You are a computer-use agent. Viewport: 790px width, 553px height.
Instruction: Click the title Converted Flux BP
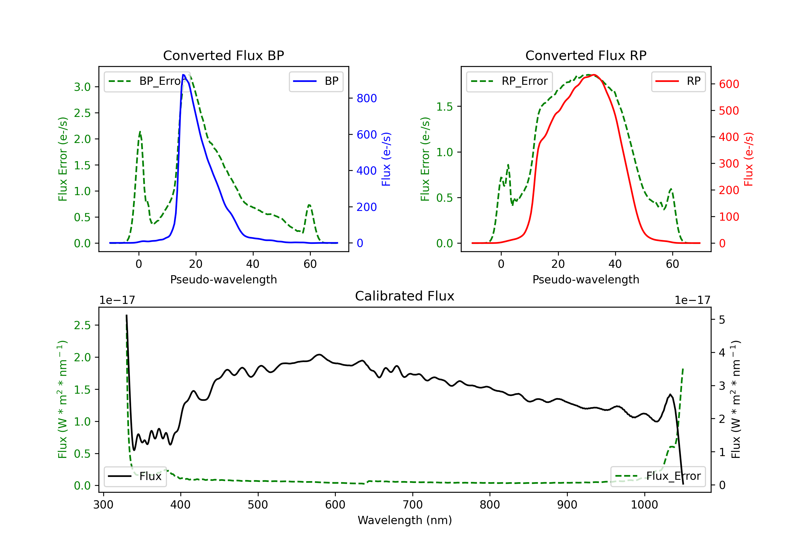223,55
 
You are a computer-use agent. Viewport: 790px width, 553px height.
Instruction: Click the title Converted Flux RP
586,55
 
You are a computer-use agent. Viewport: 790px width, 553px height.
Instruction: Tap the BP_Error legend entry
147,81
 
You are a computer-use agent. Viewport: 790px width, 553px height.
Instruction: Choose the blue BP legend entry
316,81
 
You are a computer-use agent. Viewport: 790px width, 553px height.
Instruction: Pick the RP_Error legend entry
509,81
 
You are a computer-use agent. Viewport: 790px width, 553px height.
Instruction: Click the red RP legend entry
678,81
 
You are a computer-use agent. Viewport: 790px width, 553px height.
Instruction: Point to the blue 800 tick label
367,98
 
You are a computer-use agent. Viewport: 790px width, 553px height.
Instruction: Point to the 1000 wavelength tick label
644,505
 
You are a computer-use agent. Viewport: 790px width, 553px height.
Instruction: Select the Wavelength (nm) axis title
405,520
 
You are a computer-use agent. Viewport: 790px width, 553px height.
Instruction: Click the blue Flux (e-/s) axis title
386,159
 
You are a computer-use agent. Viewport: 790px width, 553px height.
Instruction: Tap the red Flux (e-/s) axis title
748,159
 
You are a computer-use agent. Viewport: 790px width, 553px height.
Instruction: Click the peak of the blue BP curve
183,75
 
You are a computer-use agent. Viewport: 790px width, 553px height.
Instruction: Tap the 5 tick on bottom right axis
722,320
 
